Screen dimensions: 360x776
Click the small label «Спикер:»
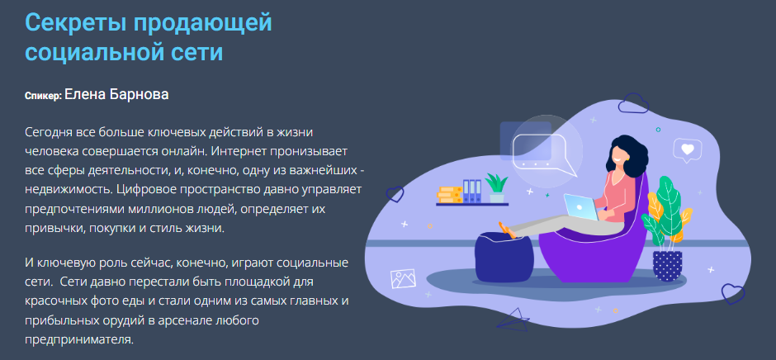point(43,97)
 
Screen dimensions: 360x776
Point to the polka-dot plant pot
point(666,265)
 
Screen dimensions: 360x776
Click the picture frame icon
point(403,280)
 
